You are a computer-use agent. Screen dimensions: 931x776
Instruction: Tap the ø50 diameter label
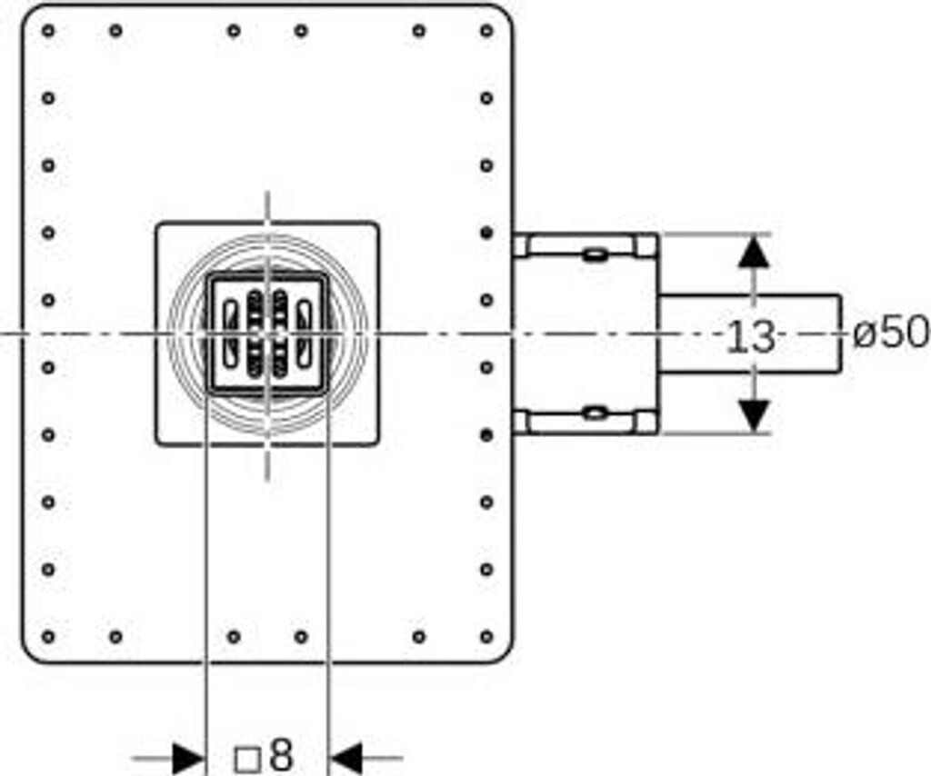point(891,333)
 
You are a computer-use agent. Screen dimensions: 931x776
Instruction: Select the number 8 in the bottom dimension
point(282,754)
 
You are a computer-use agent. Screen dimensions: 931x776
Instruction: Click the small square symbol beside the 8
point(246,758)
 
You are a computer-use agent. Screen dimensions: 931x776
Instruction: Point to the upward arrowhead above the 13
point(753,251)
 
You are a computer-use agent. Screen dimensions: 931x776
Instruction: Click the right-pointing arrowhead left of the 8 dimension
point(188,756)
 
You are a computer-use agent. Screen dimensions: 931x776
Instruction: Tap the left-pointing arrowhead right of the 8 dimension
point(346,756)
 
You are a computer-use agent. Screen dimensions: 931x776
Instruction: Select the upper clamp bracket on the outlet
point(586,246)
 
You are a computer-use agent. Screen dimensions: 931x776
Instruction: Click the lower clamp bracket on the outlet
point(586,422)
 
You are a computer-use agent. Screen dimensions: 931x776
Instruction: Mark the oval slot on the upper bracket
point(595,254)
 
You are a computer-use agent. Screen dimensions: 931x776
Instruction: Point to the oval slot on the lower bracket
point(595,413)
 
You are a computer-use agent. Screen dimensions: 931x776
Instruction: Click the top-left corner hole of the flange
point(48,30)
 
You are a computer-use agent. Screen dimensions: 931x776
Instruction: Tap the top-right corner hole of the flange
point(486,30)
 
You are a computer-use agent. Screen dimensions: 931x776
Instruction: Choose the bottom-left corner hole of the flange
point(48,636)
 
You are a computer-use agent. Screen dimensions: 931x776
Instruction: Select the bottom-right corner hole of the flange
point(486,636)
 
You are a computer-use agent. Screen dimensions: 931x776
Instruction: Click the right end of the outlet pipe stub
point(837,333)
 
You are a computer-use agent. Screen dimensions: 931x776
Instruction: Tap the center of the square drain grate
point(266,333)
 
